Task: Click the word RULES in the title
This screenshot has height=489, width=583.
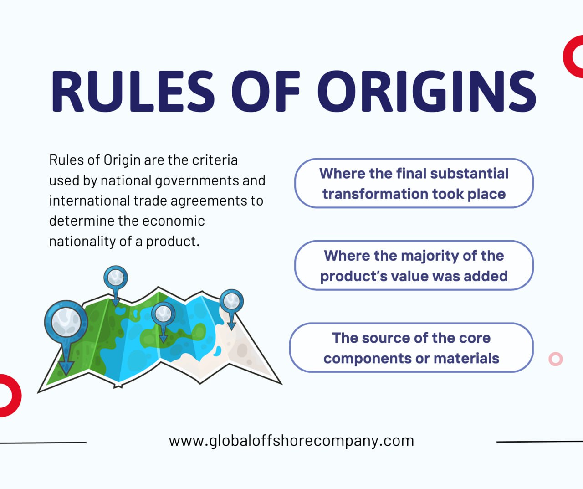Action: [x=133, y=91]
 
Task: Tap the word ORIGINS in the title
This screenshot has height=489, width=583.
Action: [x=427, y=91]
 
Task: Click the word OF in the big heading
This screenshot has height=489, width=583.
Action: [x=266, y=91]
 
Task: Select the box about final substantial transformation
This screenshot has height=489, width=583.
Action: [x=414, y=183]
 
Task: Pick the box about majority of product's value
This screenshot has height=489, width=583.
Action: [x=414, y=265]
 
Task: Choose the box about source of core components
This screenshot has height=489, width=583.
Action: [x=411, y=348]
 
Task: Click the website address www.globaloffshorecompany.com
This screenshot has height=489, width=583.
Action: [x=291, y=441]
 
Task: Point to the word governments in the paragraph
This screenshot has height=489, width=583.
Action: [x=197, y=181]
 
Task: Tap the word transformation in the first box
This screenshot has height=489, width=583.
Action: [x=375, y=194]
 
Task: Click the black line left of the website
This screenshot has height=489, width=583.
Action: [x=43, y=443]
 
